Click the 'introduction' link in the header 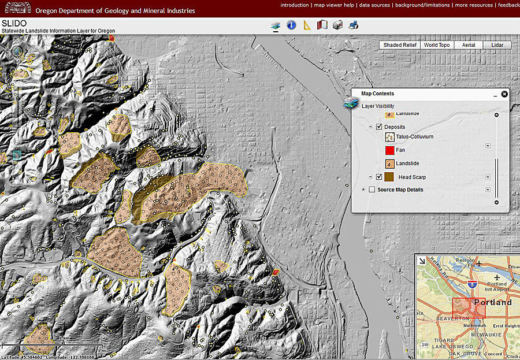point(294,5)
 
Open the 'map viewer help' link point(334,5)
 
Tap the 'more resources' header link point(473,5)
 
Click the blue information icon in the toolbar point(291,25)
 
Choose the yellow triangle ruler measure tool point(307,25)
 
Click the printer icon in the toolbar point(354,25)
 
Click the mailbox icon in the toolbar point(338,25)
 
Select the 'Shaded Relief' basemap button point(400,45)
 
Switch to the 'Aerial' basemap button point(469,45)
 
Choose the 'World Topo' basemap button point(436,45)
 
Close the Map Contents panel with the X point(504,94)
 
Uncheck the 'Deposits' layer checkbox point(379,127)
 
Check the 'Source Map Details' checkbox point(372,190)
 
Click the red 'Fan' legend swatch point(389,150)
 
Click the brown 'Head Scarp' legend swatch point(389,177)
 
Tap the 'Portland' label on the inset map point(492,302)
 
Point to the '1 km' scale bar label point(65,338)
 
